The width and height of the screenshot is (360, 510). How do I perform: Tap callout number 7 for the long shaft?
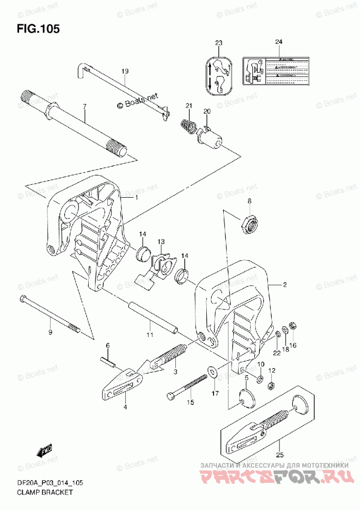(85, 107)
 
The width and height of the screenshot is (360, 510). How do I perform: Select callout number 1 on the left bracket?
(137, 198)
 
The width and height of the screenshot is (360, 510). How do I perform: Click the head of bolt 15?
(172, 396)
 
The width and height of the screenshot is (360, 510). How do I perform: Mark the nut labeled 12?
(272, 385)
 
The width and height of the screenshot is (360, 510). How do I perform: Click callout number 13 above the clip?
(161, 242)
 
